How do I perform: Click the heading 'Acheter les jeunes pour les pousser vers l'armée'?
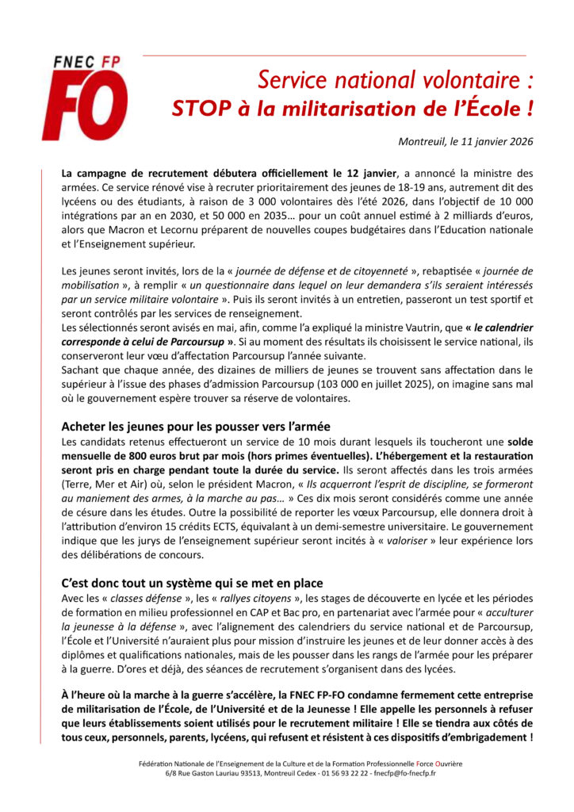click(x=190, y=426)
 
